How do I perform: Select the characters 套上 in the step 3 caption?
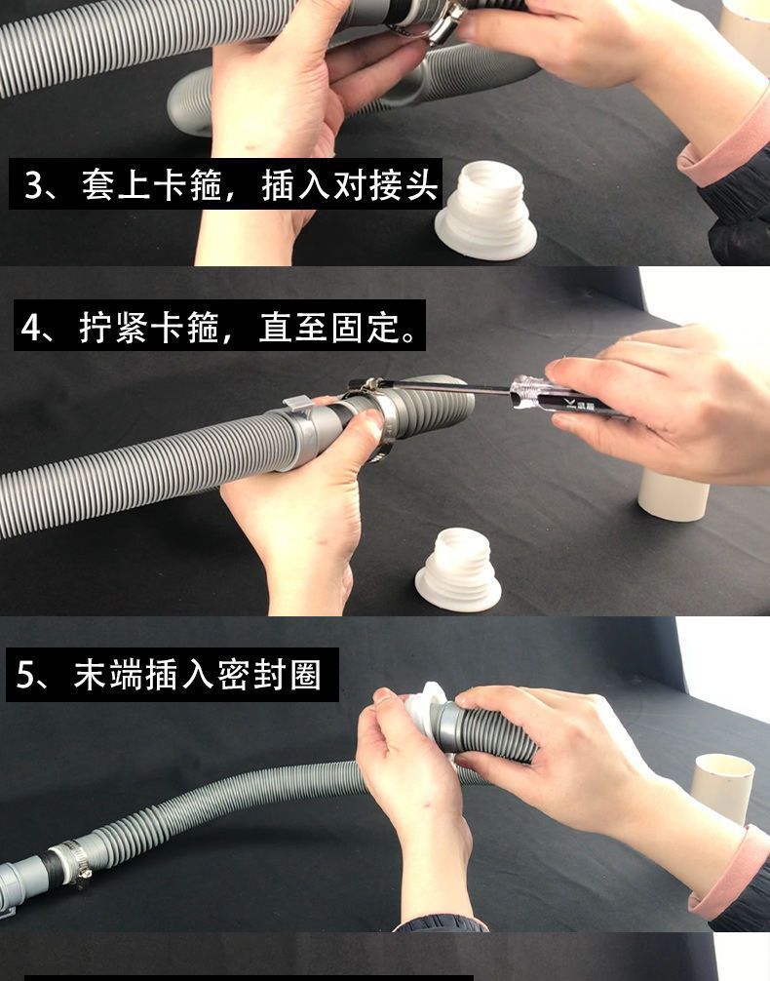click(x=116, y=185)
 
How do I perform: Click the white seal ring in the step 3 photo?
click(x=486, y=210)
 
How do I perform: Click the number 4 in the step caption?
click(x=30, y=327)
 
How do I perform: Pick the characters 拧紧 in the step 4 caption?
click(x=114, y=327)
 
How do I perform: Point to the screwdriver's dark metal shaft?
click(x=431, y=386)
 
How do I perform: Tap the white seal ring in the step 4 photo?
click(x=458, y=569)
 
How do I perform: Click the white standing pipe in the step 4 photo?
click(x=674, y=494)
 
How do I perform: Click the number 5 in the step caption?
click(x=25, y=675)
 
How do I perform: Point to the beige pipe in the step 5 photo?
click(x=722, y=789)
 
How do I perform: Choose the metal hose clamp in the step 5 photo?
click(x=70, y=862)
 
